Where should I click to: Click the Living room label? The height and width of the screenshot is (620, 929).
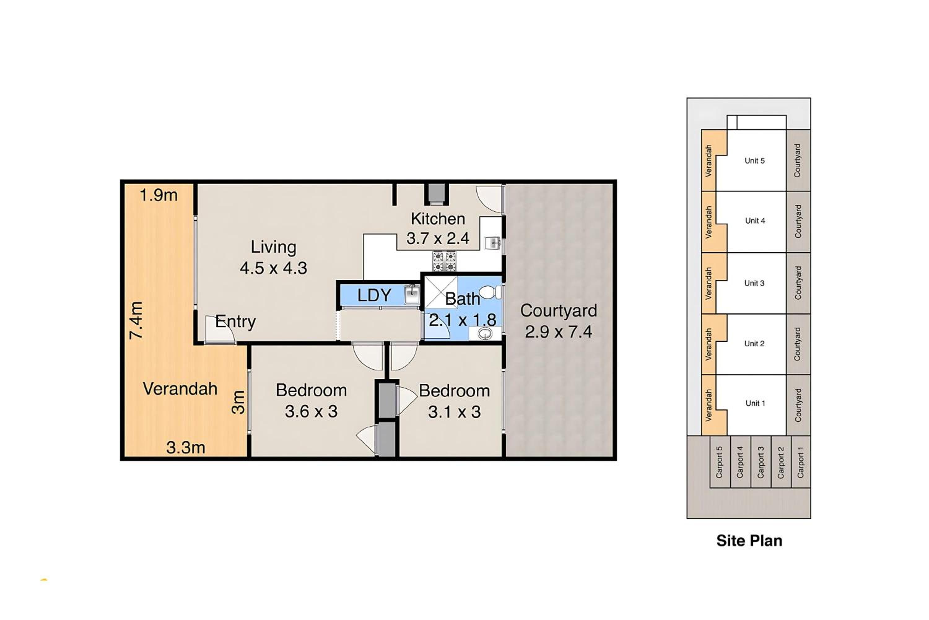[273, 247]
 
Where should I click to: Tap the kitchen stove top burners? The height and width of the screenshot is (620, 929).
[444, 261]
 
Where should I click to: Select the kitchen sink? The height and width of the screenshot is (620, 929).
[492, 242]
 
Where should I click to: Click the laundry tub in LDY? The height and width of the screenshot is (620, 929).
[412, 295]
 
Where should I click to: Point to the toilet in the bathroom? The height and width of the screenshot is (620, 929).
[490, 292]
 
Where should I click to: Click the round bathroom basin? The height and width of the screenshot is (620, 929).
[485, 334]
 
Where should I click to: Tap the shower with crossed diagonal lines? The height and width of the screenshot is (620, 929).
[440, 293]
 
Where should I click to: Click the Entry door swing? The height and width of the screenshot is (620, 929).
[220, 330]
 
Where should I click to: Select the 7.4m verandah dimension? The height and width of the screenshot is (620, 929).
[136, 320]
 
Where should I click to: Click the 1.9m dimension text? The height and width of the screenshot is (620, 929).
[159, 195]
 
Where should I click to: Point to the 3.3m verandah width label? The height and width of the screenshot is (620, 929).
[185, 448]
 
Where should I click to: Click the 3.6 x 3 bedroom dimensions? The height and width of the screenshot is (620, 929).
[311, 412]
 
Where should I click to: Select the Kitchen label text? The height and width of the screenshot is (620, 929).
[438, 219]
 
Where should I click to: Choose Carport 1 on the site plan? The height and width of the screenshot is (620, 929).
[800, 462]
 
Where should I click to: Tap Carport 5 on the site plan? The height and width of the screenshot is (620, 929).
[719, 462]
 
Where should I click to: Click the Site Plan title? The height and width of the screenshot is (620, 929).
[749, 540]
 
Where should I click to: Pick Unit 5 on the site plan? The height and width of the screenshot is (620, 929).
[754, 160]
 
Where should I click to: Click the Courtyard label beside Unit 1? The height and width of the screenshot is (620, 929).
[798, 405]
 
